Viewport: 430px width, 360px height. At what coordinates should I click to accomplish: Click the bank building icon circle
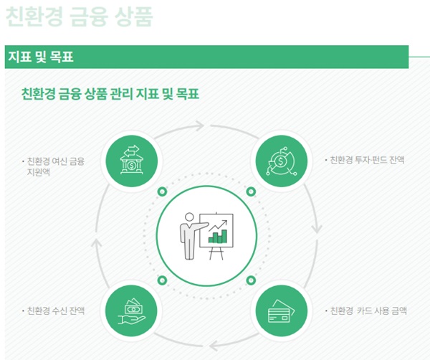(132, 161)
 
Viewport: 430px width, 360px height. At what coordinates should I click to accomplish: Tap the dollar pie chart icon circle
(282, 161)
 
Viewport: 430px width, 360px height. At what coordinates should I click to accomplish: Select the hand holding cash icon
(132, 311)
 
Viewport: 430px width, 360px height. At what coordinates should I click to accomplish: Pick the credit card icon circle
(282, 311)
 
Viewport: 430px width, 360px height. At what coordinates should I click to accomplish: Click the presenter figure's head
(189, 217)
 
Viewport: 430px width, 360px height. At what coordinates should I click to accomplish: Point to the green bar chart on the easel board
(218, 237)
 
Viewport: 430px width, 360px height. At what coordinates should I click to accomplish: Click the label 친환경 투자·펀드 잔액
(367, 160)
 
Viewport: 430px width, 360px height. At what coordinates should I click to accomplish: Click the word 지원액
(38, 172)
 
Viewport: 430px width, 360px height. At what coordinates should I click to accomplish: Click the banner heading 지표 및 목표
(41, 57)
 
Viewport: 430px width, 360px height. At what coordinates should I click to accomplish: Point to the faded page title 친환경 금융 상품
(79, 16)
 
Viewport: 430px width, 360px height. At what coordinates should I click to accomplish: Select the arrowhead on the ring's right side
(317, 229)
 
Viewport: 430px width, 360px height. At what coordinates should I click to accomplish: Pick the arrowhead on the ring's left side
(97, 243)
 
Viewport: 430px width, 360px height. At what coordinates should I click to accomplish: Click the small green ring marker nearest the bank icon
(163, 191)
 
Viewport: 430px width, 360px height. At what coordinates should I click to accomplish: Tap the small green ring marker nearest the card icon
(251, 280)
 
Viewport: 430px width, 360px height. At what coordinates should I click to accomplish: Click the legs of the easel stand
(216, 254)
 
